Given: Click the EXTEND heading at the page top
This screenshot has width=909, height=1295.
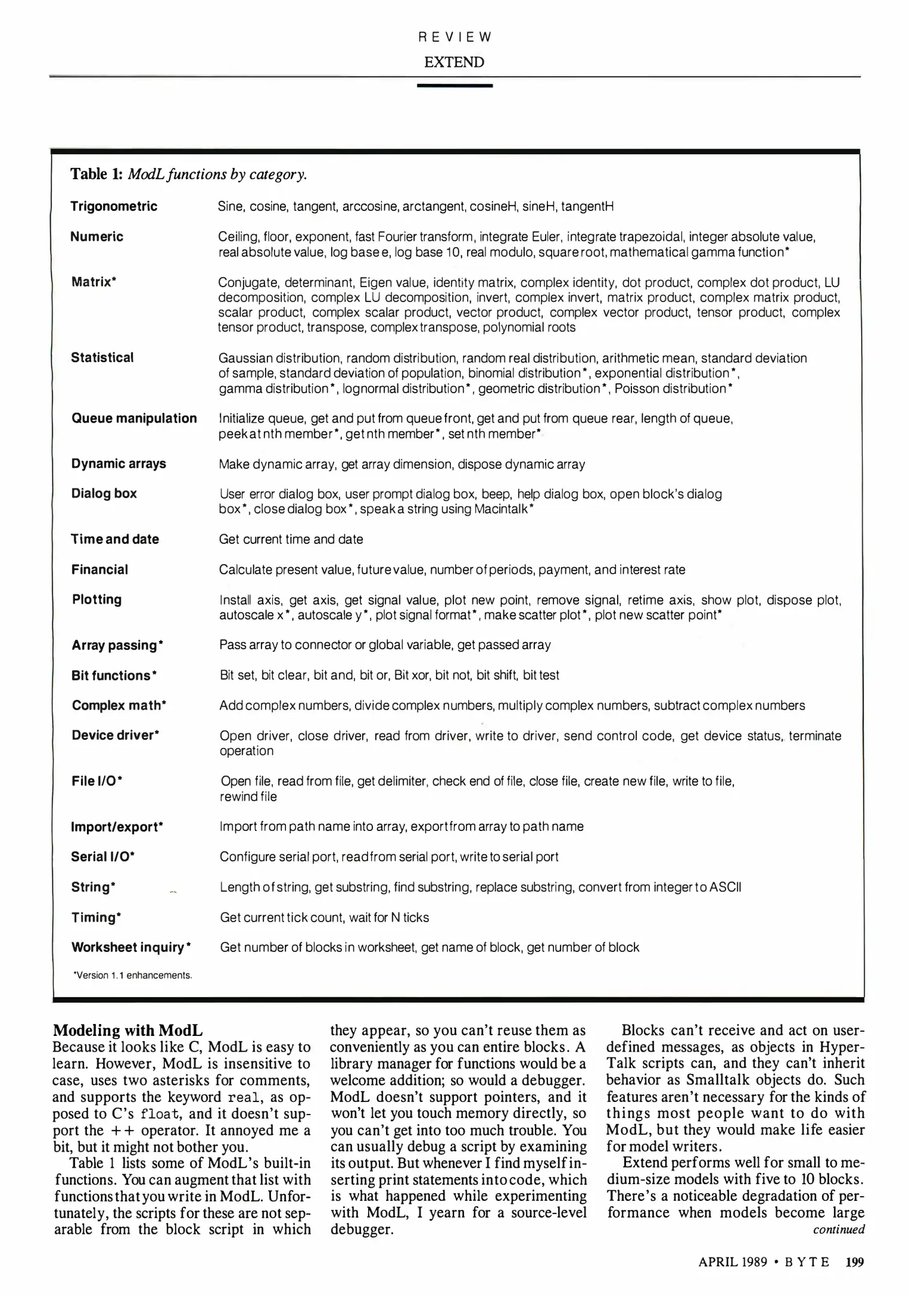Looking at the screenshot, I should point(454,62).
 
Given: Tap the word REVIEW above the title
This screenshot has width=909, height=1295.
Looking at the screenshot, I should point(454,37).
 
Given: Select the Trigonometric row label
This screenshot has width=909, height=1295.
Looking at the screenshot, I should point(114,206).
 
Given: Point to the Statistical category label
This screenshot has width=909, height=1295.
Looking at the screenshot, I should point(103,357).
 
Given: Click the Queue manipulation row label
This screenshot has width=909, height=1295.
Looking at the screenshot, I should point(134,418).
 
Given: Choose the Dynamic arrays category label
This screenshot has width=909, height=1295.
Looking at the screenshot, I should point(119,463).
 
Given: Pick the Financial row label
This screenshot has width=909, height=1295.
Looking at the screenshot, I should point(100,570).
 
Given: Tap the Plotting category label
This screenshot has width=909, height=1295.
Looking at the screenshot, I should point(97,600).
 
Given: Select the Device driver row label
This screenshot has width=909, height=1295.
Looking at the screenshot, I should point(116,735).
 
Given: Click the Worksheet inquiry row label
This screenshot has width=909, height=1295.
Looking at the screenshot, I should point(131,947).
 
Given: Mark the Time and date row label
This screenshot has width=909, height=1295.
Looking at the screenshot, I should point(115,539).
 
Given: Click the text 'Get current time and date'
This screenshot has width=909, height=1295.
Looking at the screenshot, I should point(291,539).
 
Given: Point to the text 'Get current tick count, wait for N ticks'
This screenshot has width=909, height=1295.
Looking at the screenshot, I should point(324,917).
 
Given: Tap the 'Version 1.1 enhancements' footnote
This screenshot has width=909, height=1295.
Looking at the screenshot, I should point(133,975).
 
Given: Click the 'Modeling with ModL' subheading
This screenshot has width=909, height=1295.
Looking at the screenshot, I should point(128,1031).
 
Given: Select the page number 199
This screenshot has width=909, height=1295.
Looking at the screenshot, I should point(854,1262).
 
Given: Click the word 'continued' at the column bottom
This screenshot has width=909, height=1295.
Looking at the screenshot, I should point(838,1230).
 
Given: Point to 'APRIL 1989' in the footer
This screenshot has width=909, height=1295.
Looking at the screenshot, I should point(733,1262).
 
